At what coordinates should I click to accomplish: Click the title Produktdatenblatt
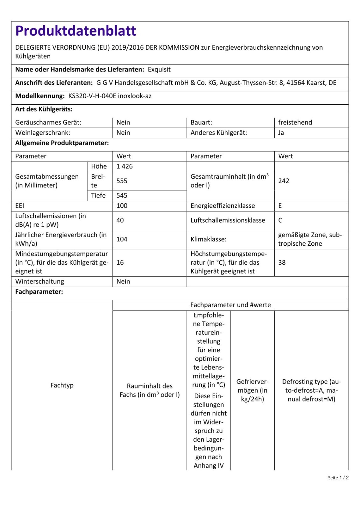(x=76, y=31)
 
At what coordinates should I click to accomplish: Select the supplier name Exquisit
(x=159, y=69)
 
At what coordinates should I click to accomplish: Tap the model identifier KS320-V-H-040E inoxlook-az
(x=110, y=96)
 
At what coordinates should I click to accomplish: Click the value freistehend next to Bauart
(x=295, y=122)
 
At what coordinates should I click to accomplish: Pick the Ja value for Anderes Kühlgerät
(x=281, y=133)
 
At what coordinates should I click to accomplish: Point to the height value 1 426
(x=124, y=166)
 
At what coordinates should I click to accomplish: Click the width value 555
(x=122, y=181)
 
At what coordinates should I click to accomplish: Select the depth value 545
(x=122, y=195)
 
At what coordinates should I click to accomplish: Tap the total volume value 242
(x=284, y=181)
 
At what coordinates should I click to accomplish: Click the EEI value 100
(x=122, y=206)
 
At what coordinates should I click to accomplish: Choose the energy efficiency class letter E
(x=280, y=206)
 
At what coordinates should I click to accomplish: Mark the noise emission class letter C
(x=280, y=220)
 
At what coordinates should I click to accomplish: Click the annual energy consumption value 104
(x=122, y=239)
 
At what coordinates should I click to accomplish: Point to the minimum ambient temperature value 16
(x=120, y=262)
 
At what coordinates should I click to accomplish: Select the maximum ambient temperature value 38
(x=282, y=262)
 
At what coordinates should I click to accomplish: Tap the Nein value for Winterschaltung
(x=123, y=281)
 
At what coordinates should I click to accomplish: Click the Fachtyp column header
(x=62, y=385)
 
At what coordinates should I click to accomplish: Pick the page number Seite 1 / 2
(x=338, y=478)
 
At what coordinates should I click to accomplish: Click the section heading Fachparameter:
(x=39, y=291)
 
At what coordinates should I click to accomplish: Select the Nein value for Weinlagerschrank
(x=123, y=133)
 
